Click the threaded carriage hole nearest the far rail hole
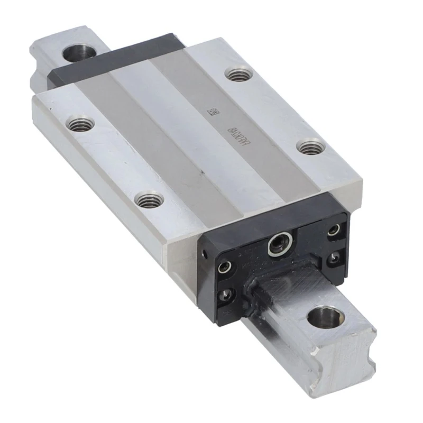(238, 72)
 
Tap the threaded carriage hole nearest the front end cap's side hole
(149, 199)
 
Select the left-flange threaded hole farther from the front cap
(80, 124)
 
